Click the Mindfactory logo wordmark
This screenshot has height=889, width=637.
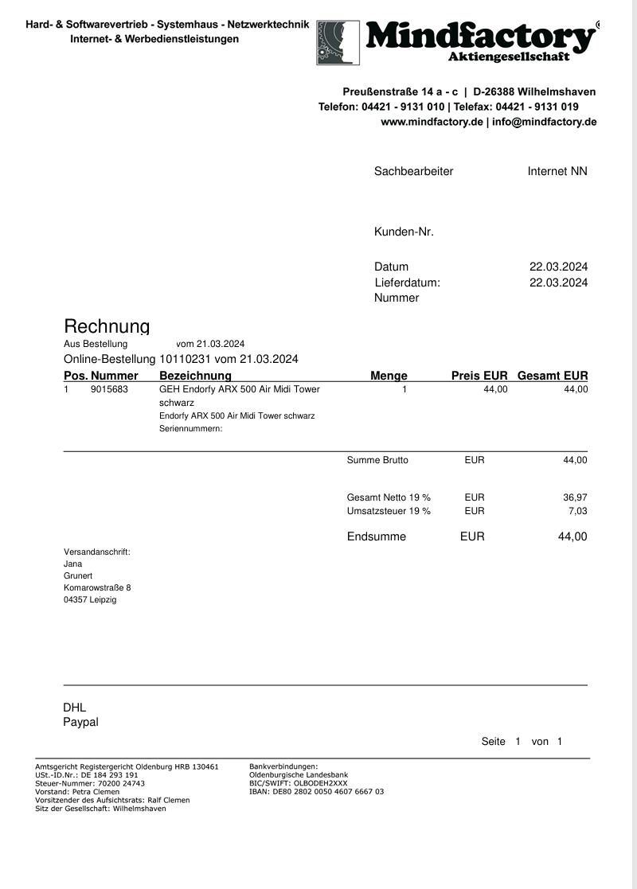point(480,36)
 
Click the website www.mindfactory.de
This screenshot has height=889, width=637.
point(432,122)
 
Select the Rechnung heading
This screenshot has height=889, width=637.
point(107,326)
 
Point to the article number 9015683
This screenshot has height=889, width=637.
point(109,389)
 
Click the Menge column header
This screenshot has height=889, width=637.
point(389,376)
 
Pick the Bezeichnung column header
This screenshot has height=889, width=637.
point(195,376)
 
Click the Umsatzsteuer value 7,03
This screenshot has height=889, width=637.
point(577,511)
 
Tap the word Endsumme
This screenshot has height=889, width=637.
point(377,536)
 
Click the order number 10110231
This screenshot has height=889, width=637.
point(186,359)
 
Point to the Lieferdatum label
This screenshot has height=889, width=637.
point(407,283)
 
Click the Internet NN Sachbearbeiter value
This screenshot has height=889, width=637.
point(557,171)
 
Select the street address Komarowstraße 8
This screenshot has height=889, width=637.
point(97,587)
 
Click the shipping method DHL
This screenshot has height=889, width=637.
point(74,708)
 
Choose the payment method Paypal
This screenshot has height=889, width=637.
point(80,722)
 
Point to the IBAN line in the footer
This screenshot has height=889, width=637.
point(316,792)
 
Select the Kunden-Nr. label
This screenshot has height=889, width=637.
point(404,232)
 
